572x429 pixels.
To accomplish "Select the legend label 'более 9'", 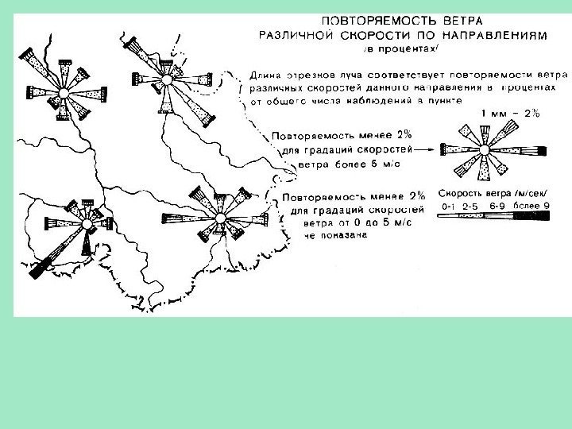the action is tap(532, 207).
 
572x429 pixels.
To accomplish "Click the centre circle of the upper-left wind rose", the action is tap(63, 94).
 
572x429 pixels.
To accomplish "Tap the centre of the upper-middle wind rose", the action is tap(166, 81).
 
